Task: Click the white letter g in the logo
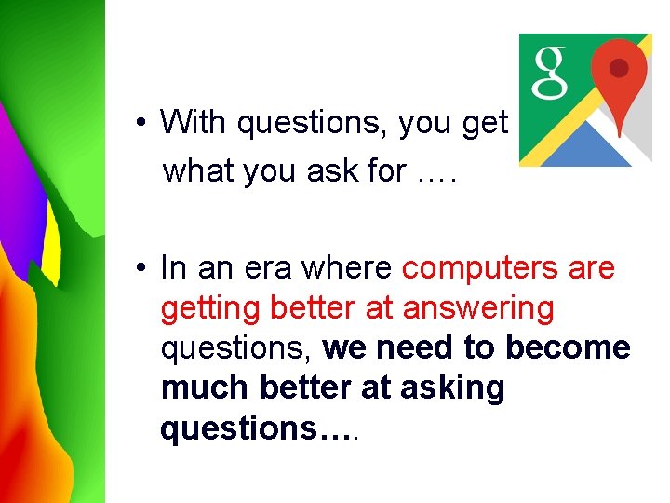point(549,72)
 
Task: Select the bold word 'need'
point(412,347)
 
